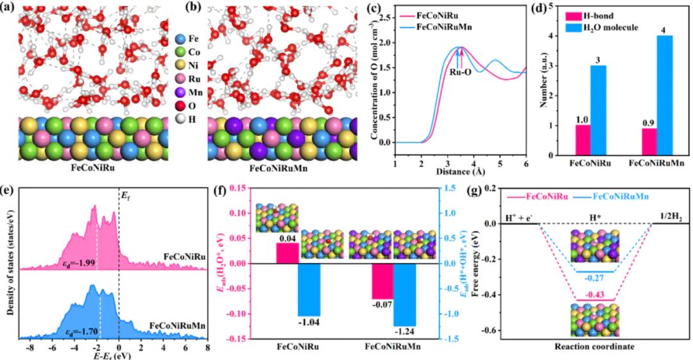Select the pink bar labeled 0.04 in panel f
(287, 253)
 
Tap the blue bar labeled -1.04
(309, 289)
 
